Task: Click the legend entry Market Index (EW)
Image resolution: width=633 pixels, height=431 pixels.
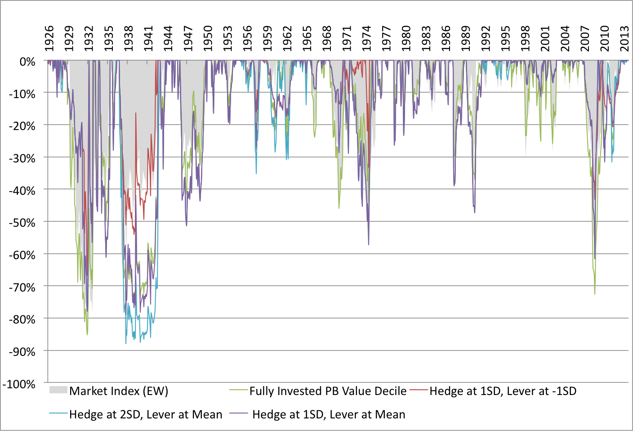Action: (x=119, y=391)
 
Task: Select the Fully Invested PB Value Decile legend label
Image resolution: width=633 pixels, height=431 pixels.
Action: (x=328, y=391)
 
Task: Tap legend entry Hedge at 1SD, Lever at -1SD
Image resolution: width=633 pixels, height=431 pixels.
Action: (x=503, y=391)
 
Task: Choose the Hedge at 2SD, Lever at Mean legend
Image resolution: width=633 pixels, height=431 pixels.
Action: (x=146, y=414)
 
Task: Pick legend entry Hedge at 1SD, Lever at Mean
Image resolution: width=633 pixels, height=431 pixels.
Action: (x=329, y=414)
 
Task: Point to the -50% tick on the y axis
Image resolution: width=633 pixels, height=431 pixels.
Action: (x=22, y=223)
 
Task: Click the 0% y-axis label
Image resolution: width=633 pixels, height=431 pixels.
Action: (x=27, y=62)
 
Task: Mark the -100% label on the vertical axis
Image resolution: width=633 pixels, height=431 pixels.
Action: (x=19, y=384)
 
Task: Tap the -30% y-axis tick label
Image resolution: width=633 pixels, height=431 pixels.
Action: (x=22, y=158)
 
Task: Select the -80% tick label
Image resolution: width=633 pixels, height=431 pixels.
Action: (x=22, y=319)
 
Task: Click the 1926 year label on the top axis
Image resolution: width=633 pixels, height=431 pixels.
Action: (x=49, y=38)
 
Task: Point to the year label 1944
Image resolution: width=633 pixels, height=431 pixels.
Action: (x=168, y=38)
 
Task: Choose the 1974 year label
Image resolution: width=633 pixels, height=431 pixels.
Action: (x=366, y=38)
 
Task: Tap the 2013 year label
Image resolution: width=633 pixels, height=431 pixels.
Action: (x=624, y=38)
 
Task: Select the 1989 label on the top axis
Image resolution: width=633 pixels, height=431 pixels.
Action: (x=466, y=38)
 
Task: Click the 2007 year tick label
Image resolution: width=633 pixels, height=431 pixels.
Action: (x=585, y=38)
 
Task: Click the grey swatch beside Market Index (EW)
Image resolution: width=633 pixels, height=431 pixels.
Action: (x=58, y=390)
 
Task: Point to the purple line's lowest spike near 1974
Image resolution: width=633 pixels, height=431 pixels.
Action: (x=369, y=244)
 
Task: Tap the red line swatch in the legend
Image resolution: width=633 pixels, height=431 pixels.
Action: (x=419, y=390)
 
